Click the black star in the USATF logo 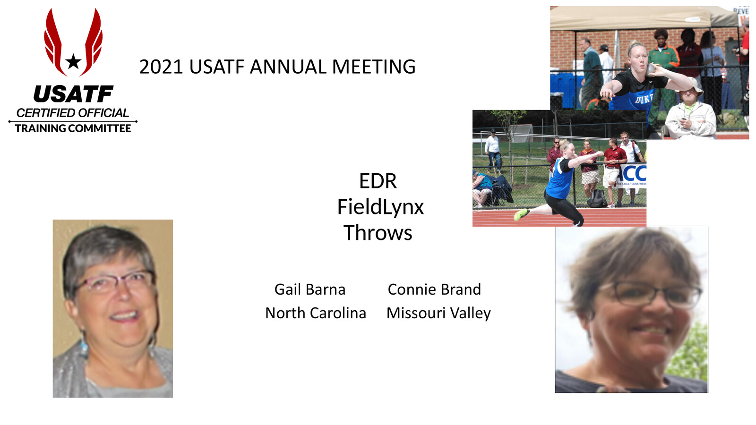[73, 61]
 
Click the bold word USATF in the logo [73, 94]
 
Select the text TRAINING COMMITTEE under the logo [73, 128]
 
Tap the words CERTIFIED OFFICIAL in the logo [73, 113]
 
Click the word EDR [378, 181]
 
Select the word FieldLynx [380, 207]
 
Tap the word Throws [378, 233]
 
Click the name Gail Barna [310, 289]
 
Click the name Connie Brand [434, 289]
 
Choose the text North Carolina [316, 313]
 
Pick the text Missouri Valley [438, 313]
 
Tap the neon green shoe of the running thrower [521, 214]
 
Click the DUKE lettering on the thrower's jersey [644, 99]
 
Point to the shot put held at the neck [651, 68]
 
